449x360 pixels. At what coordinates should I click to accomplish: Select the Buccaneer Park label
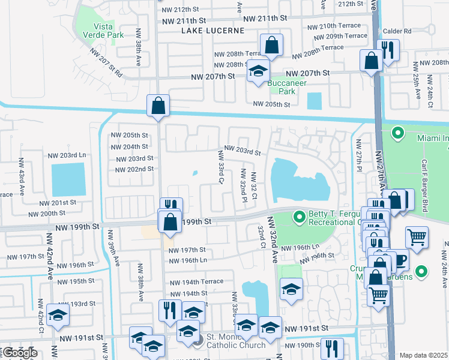[x=282, y=87]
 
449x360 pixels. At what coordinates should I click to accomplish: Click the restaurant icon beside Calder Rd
[x=388, y=52]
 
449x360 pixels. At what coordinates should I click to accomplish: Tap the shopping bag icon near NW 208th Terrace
[x=271, y=46]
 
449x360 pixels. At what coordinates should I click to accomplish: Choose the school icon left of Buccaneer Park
[x=259, y=72]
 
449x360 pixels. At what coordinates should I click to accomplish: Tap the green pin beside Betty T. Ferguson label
[x=298, y=215]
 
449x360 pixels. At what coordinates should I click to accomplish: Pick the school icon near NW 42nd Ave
[x=58, y=317]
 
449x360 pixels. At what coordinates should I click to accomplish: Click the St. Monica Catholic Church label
[x=236, y=341]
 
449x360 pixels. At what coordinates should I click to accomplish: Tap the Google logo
[x=19, y=353]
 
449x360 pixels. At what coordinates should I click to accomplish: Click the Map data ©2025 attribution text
[x=423, y=355]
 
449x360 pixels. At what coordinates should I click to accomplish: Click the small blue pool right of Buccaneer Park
[x=313, y=101]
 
